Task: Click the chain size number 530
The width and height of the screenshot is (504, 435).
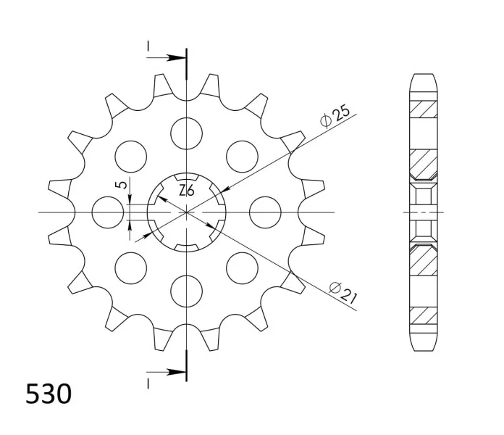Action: (x=49, y=394)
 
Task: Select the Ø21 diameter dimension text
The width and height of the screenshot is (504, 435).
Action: (x=343, y=292)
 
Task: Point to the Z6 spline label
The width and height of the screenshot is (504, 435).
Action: (x=187, y=191)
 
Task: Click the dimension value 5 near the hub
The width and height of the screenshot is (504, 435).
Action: (x=122, y=184)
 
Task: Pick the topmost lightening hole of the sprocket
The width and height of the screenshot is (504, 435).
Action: (x=187, y=133)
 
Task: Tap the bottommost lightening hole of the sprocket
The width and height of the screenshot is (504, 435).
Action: (x=187, y=291)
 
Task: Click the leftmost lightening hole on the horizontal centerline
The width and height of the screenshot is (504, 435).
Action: (x=108, y=212)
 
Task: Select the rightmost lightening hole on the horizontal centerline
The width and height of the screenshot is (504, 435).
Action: (x=266, y=212)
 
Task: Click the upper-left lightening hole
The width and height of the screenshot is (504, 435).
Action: (x=131, y=157)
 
